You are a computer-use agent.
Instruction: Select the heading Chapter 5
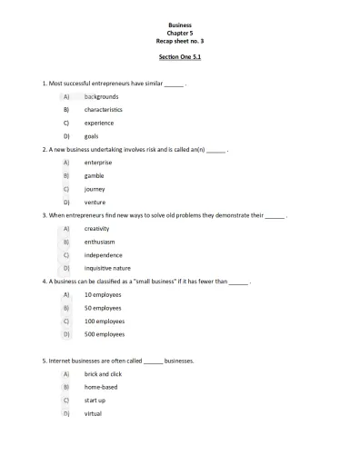pyautogui.click(x=180, y=35)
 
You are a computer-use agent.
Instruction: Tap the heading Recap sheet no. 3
pyautogui.click(x=180, y=42)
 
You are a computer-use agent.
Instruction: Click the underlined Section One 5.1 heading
pyautogui.click(x=180, y=57)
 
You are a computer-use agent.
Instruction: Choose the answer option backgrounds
pyautogui.click(x=101, y=96)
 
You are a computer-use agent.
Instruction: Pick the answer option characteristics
pyautogui.click(x=104, y=109)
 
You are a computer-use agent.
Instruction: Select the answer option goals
pyautogui.click(x=92, y=135)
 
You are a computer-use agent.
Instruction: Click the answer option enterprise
pyautogui.click(x=98, y=163)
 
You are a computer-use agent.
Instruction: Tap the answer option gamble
pyautogui.click(x=95, y=175)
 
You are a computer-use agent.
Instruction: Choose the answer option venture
pyautogui.click(x=95, y=202)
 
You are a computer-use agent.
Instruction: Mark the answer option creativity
pyautogui.click(x=96, y=229)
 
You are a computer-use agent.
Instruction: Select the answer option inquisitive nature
pyautogui.click(x=107, y=268)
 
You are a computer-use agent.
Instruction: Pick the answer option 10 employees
pyautogui.click(x=104, y=295)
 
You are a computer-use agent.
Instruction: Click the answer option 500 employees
pyautogui.click(x=105, y=334)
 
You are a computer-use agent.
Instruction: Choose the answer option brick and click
pyautogui.click(x=104, y=374)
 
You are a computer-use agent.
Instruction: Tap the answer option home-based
pyautogui.click(x=101, y=387)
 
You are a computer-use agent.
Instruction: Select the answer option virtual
pyautogui.click(x=94, y=413)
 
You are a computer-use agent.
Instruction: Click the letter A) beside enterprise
pyautogui.click(x=66, y=163)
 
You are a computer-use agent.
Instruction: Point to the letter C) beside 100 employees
pyautogui.click(x=66, y=322)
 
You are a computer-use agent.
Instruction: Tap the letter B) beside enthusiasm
pyautogui.click(x=66, y=242)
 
